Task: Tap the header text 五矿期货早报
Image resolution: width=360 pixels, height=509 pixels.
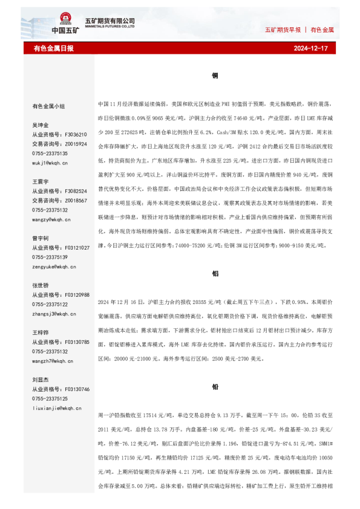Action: tap(283, 29)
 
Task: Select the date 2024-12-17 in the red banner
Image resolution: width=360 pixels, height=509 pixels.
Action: tap(310, 48)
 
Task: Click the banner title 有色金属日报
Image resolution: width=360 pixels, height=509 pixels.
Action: tap(54, 48)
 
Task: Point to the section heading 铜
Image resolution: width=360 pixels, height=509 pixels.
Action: tap(215, 76)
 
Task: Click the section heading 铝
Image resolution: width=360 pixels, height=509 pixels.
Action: tap(215, 273)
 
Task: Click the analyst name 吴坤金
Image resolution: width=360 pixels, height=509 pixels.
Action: tap(41, 125)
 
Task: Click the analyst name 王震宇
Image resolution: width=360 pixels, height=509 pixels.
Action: tap(41, 181)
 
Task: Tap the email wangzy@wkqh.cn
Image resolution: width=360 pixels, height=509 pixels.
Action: tap(52, 220)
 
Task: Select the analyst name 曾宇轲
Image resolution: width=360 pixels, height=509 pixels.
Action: tap(41, 238)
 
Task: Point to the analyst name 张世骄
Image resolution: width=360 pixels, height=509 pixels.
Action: tap(41, 285)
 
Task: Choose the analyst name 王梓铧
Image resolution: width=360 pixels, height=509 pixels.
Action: tap(41, 332)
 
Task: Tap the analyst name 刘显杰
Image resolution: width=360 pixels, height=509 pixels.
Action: tap(41, 380)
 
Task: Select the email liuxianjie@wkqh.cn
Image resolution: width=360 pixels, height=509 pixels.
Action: tap(57, 409)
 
